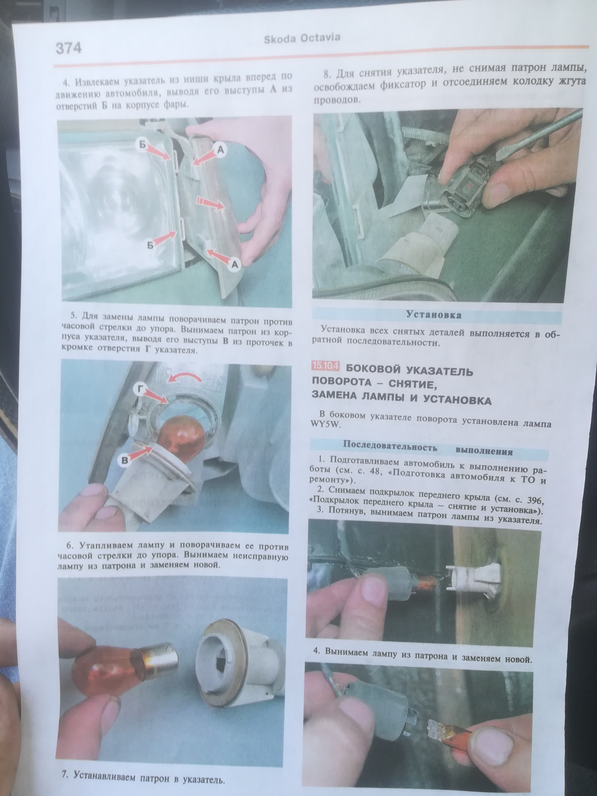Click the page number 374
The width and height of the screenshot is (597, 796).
(x=68, y=48)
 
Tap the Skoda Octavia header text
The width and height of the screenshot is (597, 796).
(x=302, y=39)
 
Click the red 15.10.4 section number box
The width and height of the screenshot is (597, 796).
(x=326, y=366)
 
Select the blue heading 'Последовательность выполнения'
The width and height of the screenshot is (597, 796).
(x=428, y=449)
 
